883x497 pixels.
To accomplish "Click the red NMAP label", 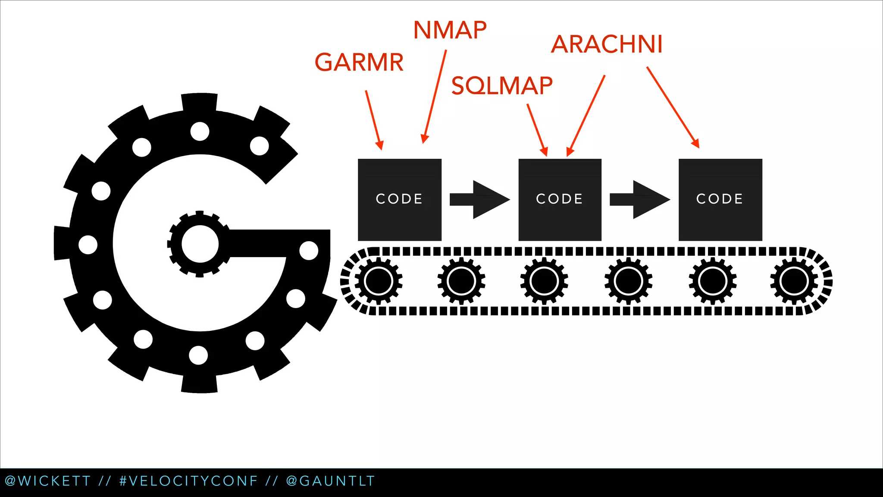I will pyautogui.click(x=450, y=30).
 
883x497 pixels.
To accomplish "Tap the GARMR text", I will pyautogui.click(x=359, y=62).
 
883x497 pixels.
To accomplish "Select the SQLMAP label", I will pyautogui.click(x=502, y=85).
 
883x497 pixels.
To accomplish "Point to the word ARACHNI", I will pyautogui.click(x=607, y=44).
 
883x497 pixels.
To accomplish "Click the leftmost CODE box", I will pyautogui.click(x=400, y=199).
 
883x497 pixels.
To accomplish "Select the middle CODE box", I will pyautogui.click(x=560, y=199).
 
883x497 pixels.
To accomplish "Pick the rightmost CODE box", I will pyautogui.click(x=720, y=199).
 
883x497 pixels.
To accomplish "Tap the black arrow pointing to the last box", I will pyautogui.click(x=639, y=199).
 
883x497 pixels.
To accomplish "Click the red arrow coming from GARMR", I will pyautogui.click(x=373, y=120).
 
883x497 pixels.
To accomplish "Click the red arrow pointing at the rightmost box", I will pyautogui.click(x=673, y=107).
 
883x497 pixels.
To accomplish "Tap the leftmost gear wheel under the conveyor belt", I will pyautogui.click(x=378, y=281).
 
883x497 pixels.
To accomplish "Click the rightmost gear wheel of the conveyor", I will pyautogui.click(x=794, y=281).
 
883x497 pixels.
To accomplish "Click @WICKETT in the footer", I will pyautogui.click(x=47, y=481).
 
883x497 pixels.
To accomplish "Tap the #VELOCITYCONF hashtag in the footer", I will pyautogui.click(x=188, y=481).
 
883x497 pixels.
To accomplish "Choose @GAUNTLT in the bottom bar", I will pyautogui.click(x=330, y=481).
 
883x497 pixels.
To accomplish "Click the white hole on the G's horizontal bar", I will pyautogui.click(x=309, y=251).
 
